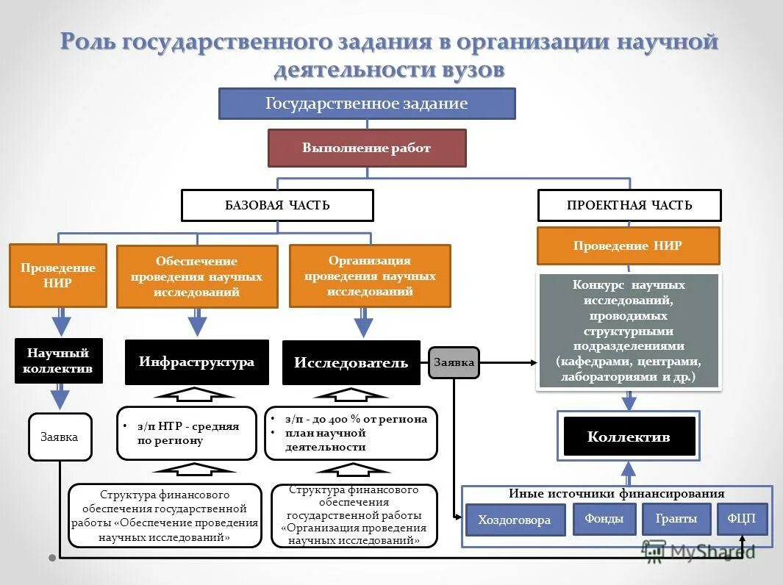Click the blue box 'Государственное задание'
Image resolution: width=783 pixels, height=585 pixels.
[367, 104]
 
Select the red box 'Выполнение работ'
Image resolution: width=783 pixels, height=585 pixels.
[367, 148]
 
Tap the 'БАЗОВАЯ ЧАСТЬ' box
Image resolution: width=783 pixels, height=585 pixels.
[277, 205]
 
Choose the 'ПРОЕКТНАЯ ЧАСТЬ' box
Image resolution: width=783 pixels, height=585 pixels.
[629, 205]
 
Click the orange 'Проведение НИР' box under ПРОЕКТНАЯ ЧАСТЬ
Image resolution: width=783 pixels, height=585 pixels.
[628, 245]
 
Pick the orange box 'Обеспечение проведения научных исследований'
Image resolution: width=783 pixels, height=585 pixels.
[197, 276]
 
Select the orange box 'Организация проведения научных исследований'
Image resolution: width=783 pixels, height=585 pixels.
[370, 276]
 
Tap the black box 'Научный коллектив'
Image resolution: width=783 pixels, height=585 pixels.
[58, 361]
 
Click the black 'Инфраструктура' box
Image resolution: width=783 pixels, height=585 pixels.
[196, 362]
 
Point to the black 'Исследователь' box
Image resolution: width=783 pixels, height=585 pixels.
[351, 362]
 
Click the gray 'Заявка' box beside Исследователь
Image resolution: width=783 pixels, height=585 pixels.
[454, 362]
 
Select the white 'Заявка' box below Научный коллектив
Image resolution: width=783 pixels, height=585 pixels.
[59, 437]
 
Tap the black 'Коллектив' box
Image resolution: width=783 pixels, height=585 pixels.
[629, 437]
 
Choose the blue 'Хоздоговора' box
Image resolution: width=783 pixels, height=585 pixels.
[515, 520]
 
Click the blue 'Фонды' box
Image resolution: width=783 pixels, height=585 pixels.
[604, 518]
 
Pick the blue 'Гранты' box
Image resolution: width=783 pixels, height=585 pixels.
[676, 518]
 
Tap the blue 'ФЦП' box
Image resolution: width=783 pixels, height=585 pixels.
[741, 518]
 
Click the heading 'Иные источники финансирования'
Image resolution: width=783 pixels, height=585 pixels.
[616, 494]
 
